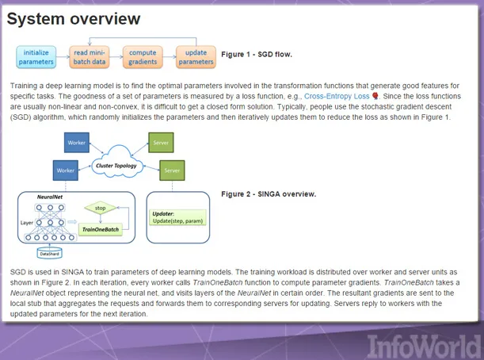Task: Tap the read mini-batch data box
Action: (90, 56)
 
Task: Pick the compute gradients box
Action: (143, 56)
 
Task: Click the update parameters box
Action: (196, 56)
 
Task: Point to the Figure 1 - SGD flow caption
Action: (256, 55)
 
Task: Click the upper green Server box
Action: (159, 143)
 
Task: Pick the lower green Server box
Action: (171, 170)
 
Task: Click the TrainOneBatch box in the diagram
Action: (101, 229)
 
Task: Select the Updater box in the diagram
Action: (180, 217)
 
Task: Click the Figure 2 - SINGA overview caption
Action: (269, 193)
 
